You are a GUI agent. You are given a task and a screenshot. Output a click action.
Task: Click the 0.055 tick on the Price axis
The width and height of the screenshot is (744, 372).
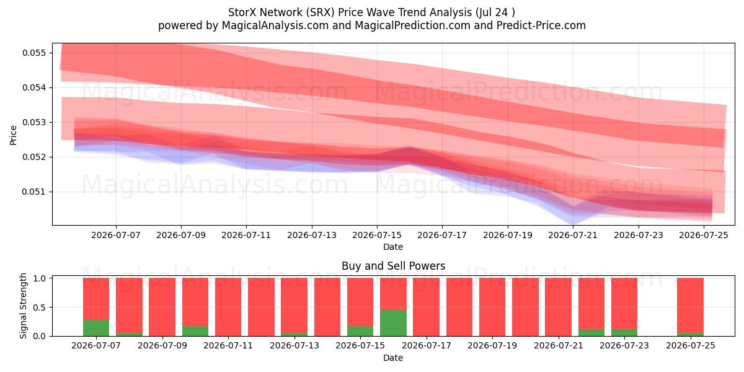34,53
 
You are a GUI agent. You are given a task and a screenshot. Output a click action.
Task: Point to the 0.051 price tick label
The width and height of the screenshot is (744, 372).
34,192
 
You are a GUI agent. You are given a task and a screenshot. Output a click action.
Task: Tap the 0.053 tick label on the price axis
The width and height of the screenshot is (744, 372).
34,123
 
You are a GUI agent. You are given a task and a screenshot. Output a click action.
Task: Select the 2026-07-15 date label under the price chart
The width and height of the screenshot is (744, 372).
377,235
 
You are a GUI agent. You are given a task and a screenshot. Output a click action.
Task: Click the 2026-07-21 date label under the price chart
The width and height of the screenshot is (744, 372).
573,235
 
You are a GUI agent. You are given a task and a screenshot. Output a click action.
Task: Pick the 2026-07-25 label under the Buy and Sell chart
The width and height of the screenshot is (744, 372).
691,345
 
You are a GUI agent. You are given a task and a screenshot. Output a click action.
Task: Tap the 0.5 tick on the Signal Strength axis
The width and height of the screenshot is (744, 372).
40,308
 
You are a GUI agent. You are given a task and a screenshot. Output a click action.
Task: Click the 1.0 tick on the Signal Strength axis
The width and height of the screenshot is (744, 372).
40,278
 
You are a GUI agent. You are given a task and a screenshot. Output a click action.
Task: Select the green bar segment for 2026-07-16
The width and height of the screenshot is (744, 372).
393,323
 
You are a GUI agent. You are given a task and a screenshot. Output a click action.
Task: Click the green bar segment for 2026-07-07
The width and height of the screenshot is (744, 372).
96,328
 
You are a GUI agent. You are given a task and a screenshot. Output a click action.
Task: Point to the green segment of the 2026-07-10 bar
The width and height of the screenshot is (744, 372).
195,331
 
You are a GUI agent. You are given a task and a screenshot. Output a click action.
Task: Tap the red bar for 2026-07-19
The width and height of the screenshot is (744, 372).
492,307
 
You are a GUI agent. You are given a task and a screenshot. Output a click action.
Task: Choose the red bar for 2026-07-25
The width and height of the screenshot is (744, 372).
690,305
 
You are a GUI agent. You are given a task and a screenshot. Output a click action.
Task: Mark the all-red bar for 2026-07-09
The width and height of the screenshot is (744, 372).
162,307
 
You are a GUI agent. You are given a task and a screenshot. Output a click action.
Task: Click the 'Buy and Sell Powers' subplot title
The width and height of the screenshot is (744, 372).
393,266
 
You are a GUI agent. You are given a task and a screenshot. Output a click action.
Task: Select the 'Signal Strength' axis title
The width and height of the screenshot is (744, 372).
23,306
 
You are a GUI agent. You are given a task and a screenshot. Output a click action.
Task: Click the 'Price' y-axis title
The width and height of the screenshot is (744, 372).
13,136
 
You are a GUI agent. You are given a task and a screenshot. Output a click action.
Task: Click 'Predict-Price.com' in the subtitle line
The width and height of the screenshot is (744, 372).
541,25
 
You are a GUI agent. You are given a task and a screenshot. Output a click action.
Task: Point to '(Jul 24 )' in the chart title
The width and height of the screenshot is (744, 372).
495,12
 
